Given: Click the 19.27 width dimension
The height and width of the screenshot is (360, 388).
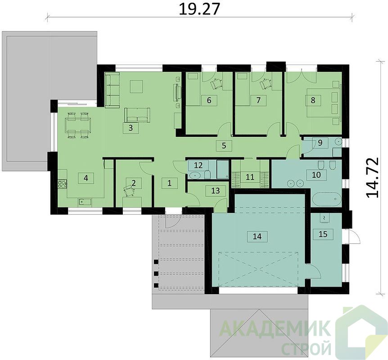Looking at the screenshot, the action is (199, 9).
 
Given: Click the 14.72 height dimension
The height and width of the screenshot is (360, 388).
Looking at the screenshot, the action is (372, 177).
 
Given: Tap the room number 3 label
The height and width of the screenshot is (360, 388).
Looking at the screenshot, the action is (131, 128).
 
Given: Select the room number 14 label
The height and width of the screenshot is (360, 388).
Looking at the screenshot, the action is (257, 236).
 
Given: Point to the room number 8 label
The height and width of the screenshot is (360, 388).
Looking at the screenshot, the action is (313, 100).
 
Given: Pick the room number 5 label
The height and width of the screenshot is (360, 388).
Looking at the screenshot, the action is (224, 145).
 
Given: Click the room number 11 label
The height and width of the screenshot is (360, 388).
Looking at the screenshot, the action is (250, 177).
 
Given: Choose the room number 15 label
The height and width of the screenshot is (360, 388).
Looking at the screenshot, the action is (323, 234).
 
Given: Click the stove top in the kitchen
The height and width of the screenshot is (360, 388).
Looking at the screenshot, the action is (63, 184).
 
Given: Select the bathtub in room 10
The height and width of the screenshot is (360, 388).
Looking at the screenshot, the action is (327, 199).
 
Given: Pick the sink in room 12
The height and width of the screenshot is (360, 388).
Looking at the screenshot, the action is (195, 175).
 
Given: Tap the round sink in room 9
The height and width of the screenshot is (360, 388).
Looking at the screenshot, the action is (338, 142).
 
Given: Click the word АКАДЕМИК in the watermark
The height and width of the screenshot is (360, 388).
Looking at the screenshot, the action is (275, 328).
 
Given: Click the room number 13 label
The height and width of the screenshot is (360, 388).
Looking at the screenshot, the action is (216, 190).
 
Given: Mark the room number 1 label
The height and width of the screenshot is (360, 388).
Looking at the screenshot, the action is (170, 183).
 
